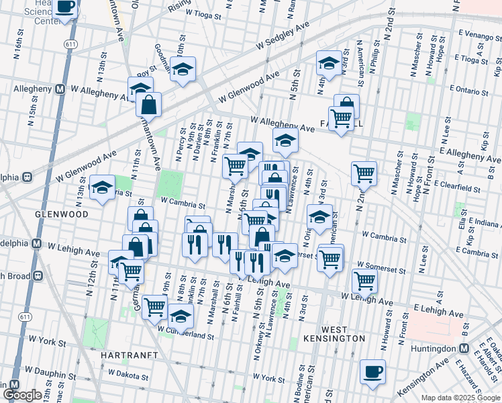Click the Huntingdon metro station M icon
[464, 349]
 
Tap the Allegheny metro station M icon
[60, 89]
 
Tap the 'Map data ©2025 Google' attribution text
[460, 398]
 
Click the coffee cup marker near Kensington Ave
[372, 371]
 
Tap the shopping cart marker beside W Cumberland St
[154, 307]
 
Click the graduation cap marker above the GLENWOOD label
[103, 188]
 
